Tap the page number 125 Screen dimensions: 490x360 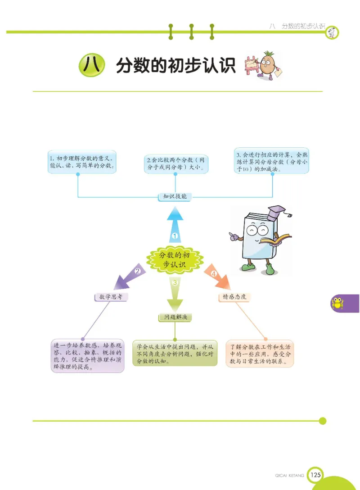pyautogui.click(x=316, y=474)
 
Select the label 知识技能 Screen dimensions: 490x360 pyautogui.click(x=175, y=196)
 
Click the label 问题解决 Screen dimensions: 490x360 pyautogui.click(x=175, y=318)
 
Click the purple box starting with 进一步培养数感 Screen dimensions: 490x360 pyautogui.click(x=88, y=356)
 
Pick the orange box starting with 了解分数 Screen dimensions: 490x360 pyautogui.click(x=260, y=354)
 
